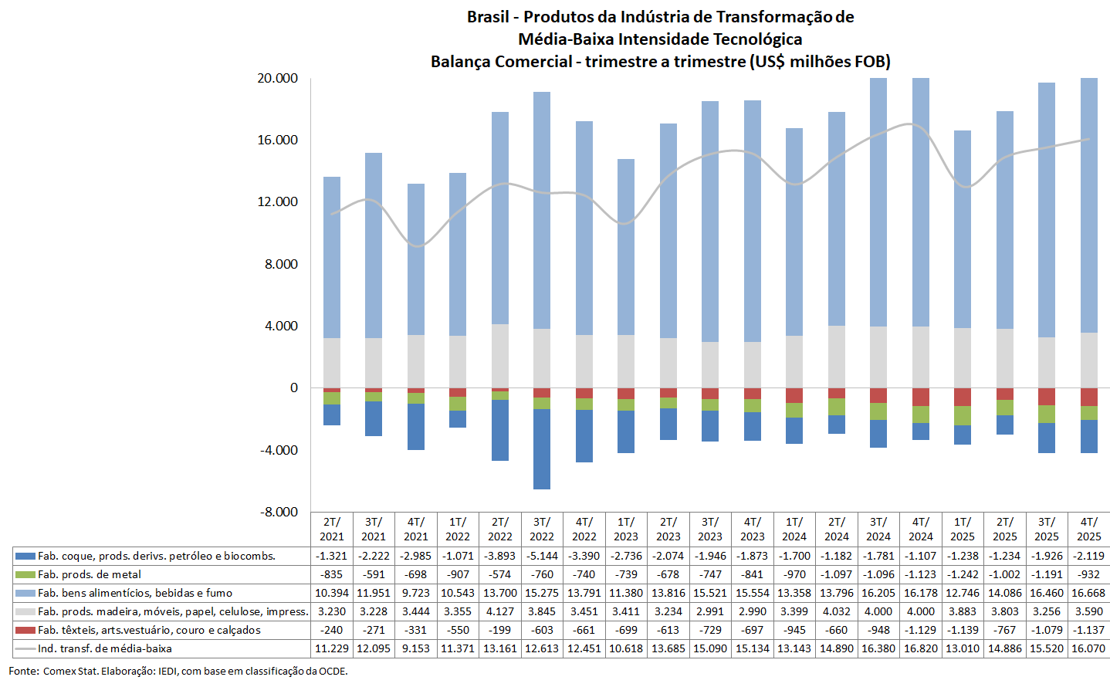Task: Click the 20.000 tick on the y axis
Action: [x=277, y=78]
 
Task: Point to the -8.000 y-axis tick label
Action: [x=277, y=512]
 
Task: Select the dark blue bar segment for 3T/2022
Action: [x=542, y=448]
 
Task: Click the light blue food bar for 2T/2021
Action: [x=332, y=257]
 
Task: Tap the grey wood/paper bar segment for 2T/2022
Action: [x=500, y=356]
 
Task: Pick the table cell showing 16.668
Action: [x=1088, y=593]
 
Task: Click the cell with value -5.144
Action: [x=542, y=556]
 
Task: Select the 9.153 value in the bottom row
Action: [x=415, y=648]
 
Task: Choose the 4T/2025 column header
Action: [x=1088, y=529]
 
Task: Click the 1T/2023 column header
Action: [x=626, y=529]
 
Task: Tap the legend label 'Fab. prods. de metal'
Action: [x=90, y=574]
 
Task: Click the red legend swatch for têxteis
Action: [x=25, y=630]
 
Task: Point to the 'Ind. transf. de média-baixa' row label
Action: [x=105, y=648]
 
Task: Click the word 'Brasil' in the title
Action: [x=488, y=17]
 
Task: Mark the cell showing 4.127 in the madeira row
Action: [x=500, y=611]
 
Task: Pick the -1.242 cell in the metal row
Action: [x=963, y=574]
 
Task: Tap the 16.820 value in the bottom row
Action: [x=920, y=648]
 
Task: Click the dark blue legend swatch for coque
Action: [x=25, y=556]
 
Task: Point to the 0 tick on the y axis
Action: [x=293, y=387]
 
